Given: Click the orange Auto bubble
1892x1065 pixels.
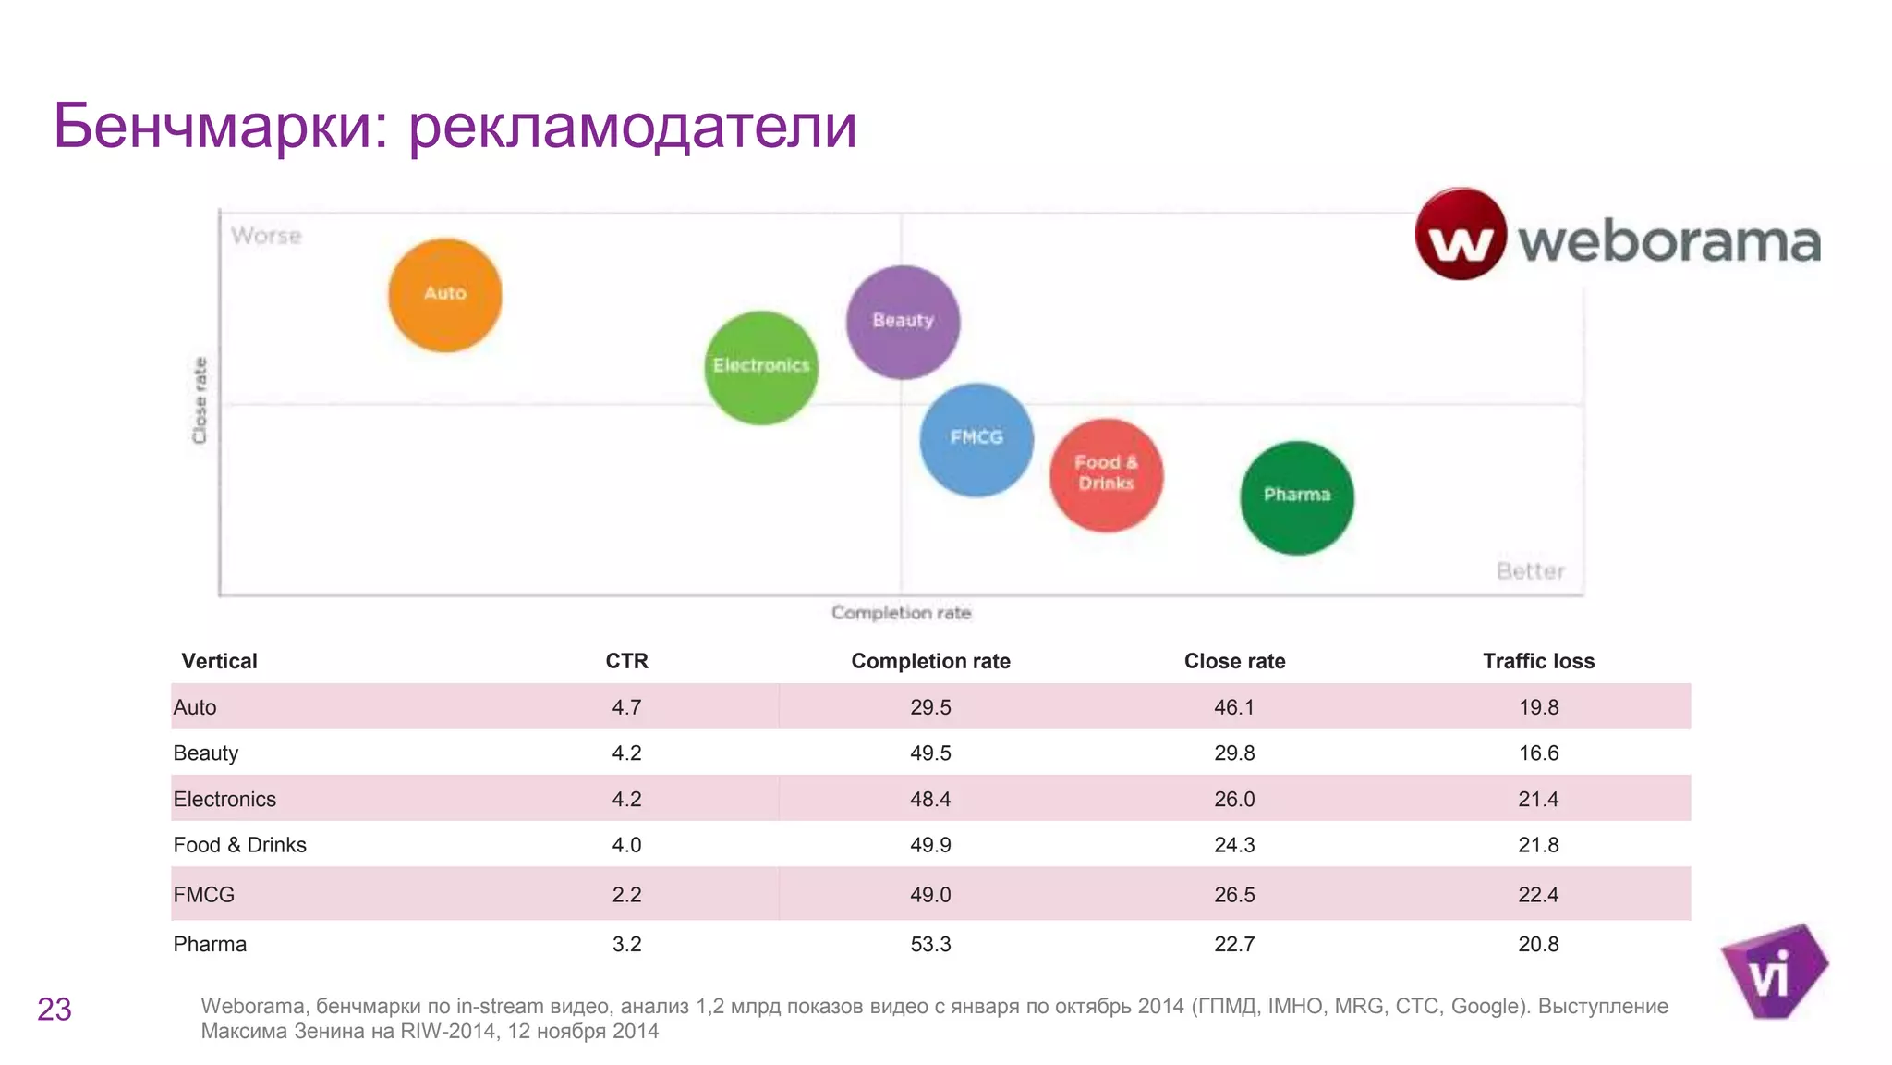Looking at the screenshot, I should coord(444,295).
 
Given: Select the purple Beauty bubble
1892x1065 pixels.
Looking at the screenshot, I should coord(903,322).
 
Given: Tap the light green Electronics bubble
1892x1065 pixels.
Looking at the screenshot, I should coord(761,367).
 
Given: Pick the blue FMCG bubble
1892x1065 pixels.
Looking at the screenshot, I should coord(976,439).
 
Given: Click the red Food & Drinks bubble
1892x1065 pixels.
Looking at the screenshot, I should coord(1106,474).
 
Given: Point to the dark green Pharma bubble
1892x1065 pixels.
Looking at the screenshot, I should coord(1296,496).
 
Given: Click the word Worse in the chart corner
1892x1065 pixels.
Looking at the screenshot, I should coord(266,236).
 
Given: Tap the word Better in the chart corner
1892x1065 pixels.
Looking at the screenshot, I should coord(1530,570).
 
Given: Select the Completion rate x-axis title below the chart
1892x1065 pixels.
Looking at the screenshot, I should coord(901,612).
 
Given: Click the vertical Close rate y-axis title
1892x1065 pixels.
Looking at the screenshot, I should coord(200,400).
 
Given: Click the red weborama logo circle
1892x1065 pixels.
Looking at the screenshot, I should coord(1461,234).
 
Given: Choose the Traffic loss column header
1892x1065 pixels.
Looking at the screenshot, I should coord(1538,661).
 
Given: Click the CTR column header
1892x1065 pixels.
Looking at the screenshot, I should coord(626,661).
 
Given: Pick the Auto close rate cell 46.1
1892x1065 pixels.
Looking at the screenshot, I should coord(1234,707).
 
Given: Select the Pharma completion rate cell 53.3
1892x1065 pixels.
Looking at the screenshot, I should coord(930,944).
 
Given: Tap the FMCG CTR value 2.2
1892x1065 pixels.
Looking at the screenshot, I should coord(626,894).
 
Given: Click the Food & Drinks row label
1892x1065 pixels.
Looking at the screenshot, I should coord(239,845).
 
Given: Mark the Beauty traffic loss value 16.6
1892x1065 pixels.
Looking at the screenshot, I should coord(1538,753).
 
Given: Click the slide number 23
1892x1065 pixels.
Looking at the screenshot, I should coord(55,1009).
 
